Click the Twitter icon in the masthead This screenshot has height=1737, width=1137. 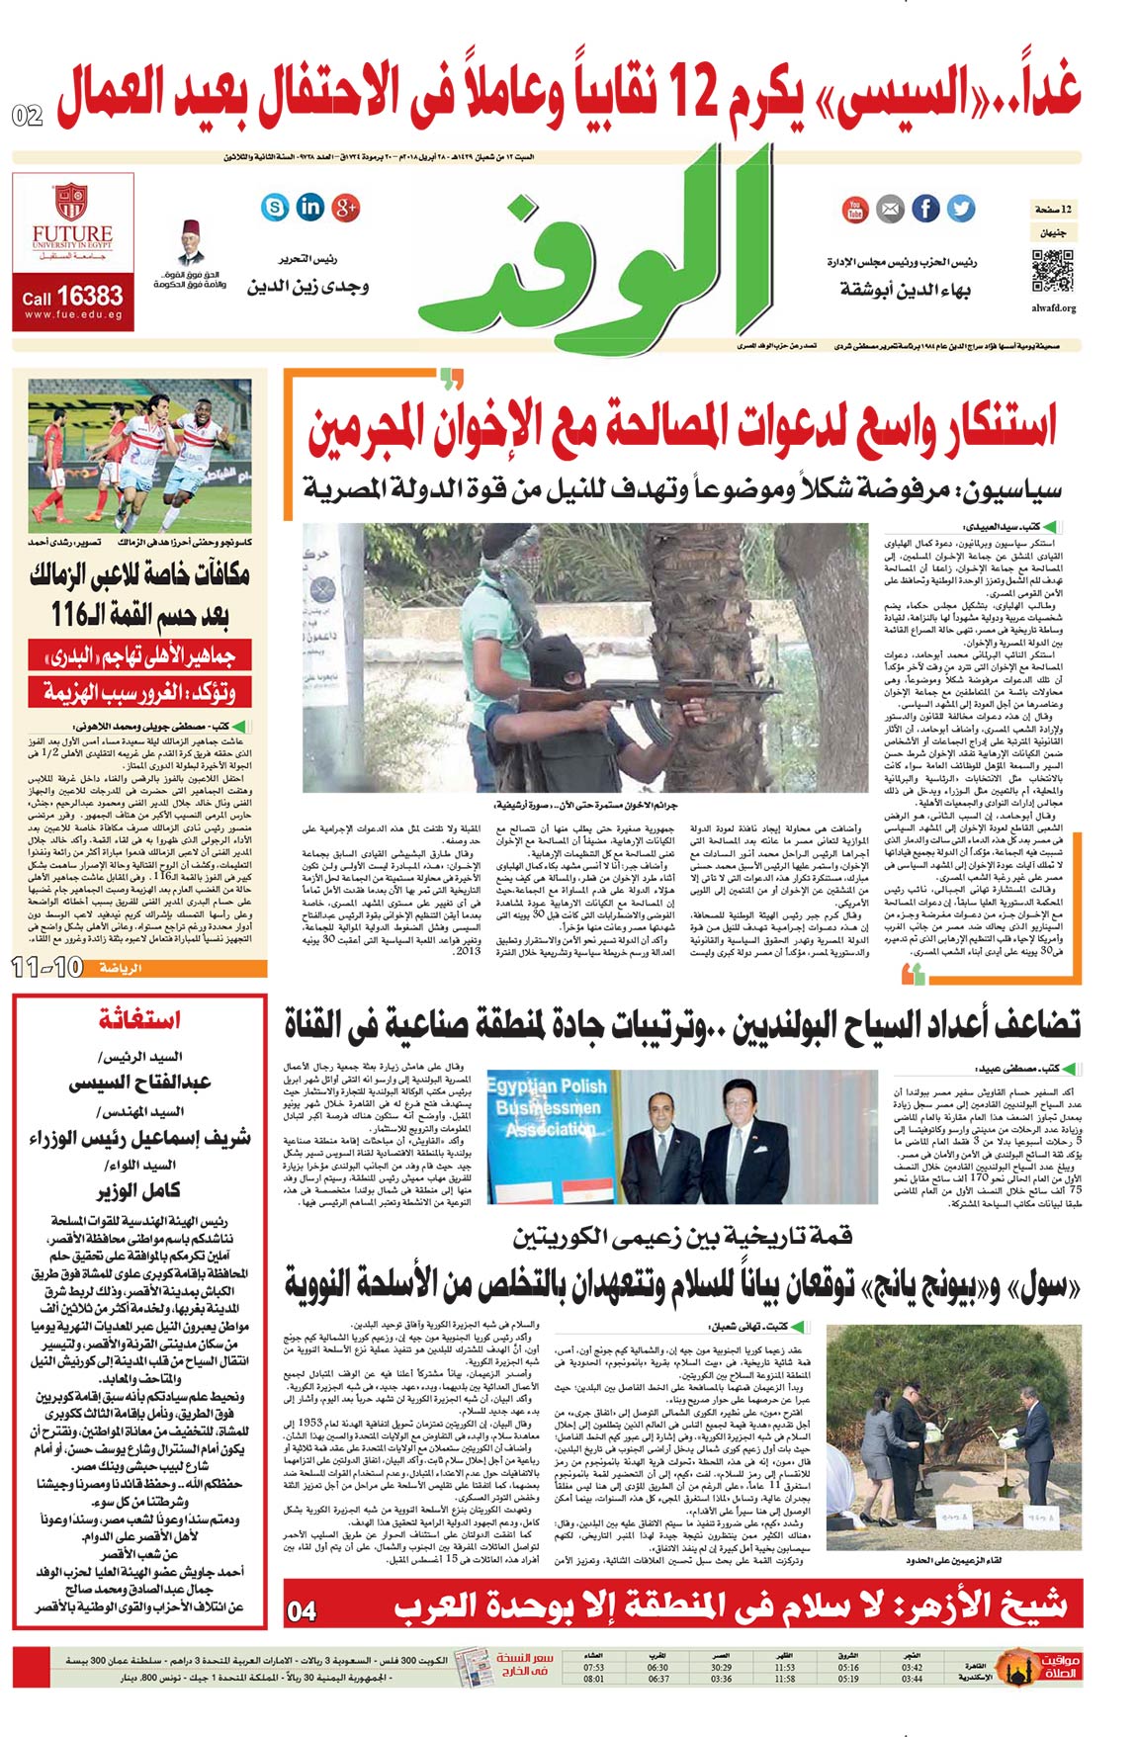point(960,209)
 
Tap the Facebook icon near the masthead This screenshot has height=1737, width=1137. point(925,209)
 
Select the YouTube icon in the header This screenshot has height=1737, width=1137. point(855,209)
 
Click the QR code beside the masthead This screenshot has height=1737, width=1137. point(1053,271)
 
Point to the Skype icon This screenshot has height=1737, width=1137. point(275,207)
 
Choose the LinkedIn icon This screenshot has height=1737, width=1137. point(310,207)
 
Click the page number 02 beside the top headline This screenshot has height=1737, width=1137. point(28,116)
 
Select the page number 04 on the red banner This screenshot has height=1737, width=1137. point(302,1612)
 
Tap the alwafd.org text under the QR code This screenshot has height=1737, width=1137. point(1053,308)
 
